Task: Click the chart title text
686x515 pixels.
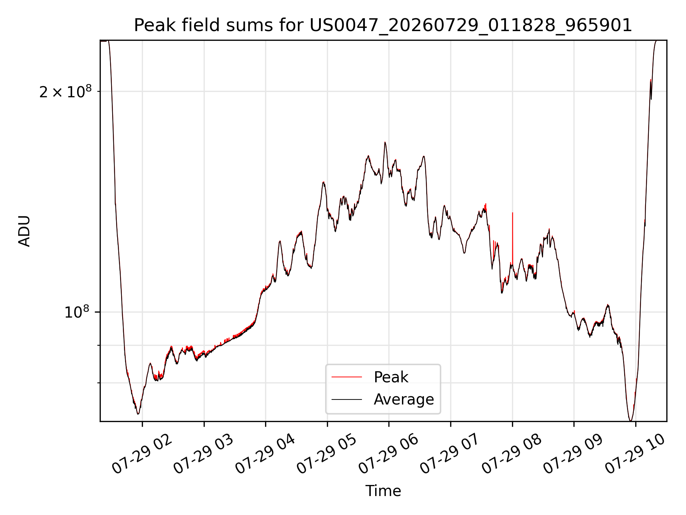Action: [x=383, y=25]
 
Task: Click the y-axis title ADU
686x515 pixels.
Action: [x=24, y=231]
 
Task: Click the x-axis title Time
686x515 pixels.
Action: [x=383, y=491]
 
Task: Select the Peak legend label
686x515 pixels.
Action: [x=391, y=377]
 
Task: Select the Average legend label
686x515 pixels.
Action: [x=404, y=399]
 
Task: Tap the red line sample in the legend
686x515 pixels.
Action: [x=347, y=377]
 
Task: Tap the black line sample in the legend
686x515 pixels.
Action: [x=347, y=399]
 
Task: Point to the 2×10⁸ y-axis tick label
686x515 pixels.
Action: [x=65, y=92]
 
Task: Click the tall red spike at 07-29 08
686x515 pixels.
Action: [x=513, y=238]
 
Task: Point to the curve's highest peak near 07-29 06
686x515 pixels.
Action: [x=385, y=143]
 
